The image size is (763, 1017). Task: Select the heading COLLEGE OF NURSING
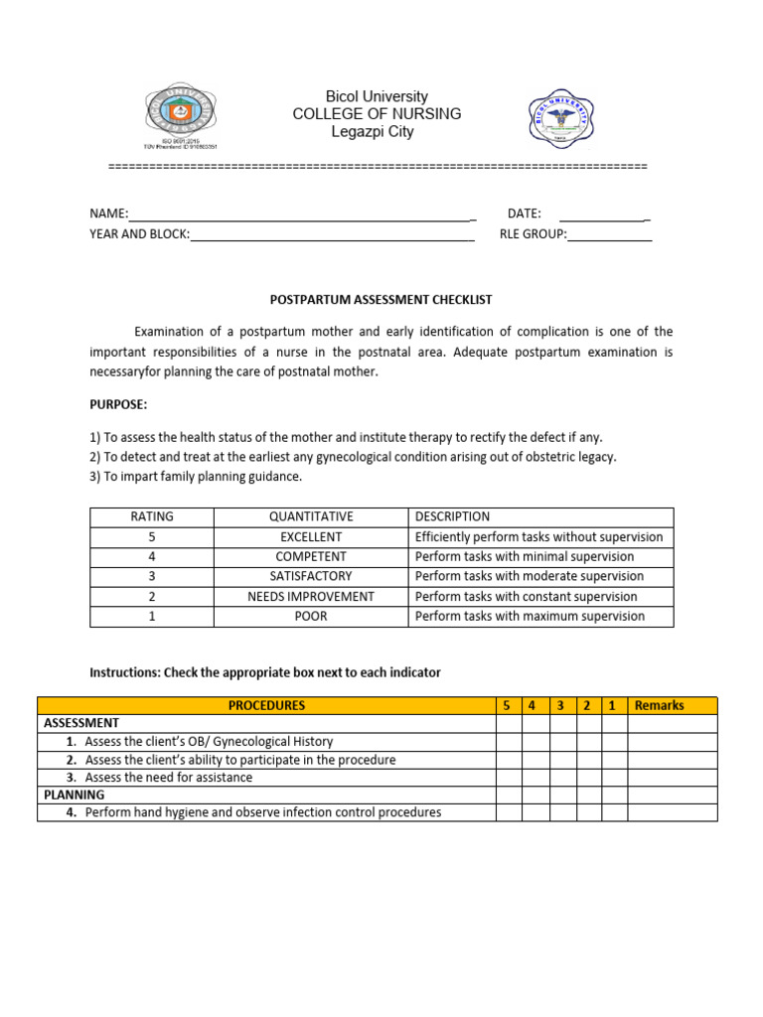coord(377,114)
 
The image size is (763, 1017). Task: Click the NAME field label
coord(109,214)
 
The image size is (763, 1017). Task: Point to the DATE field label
coord(524,214)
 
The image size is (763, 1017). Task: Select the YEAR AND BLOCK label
coord(139,234)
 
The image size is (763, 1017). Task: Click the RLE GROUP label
coord(533,234)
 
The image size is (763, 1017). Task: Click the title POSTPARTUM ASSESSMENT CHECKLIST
coord(381,299)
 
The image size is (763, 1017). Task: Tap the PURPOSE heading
coord(118,405)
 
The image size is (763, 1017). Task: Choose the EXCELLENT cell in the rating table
coord(311,537)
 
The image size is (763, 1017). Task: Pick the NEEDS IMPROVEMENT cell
coord(311,597)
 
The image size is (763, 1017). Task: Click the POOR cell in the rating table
coord(311,617)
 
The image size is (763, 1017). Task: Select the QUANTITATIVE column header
coord(311,517)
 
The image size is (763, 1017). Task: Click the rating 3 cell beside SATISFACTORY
coord(152,577)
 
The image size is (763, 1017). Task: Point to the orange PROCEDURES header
coord(266,706)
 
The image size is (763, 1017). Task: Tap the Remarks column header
coord(659,706)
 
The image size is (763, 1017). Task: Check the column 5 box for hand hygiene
coord(509,812)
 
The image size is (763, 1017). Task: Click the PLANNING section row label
coord(75,796)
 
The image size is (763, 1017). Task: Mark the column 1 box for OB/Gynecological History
coord(615,741)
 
